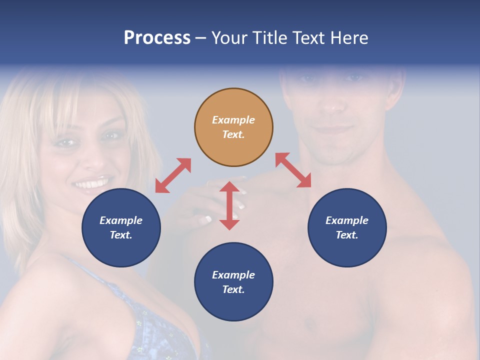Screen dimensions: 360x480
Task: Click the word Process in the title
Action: [x=157, y=37]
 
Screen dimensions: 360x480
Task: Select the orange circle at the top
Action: [x=233, y=127]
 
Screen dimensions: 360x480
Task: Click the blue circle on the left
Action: [x=121, y=227]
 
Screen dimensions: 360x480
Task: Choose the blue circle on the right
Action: [x=347, y=227]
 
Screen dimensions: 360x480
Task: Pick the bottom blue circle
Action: [x=233, y=282]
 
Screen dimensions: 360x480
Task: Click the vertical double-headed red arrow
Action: [x=229, y=205]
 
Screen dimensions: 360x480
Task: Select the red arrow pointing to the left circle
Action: [x=173, y=175]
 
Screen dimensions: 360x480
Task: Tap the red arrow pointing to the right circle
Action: [x=293, y=170]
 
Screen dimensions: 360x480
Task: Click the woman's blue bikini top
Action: [x=150, y=320]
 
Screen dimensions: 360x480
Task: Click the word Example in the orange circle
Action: [x=233, y=120]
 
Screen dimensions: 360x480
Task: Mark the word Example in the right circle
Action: [x=347, y=220]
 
